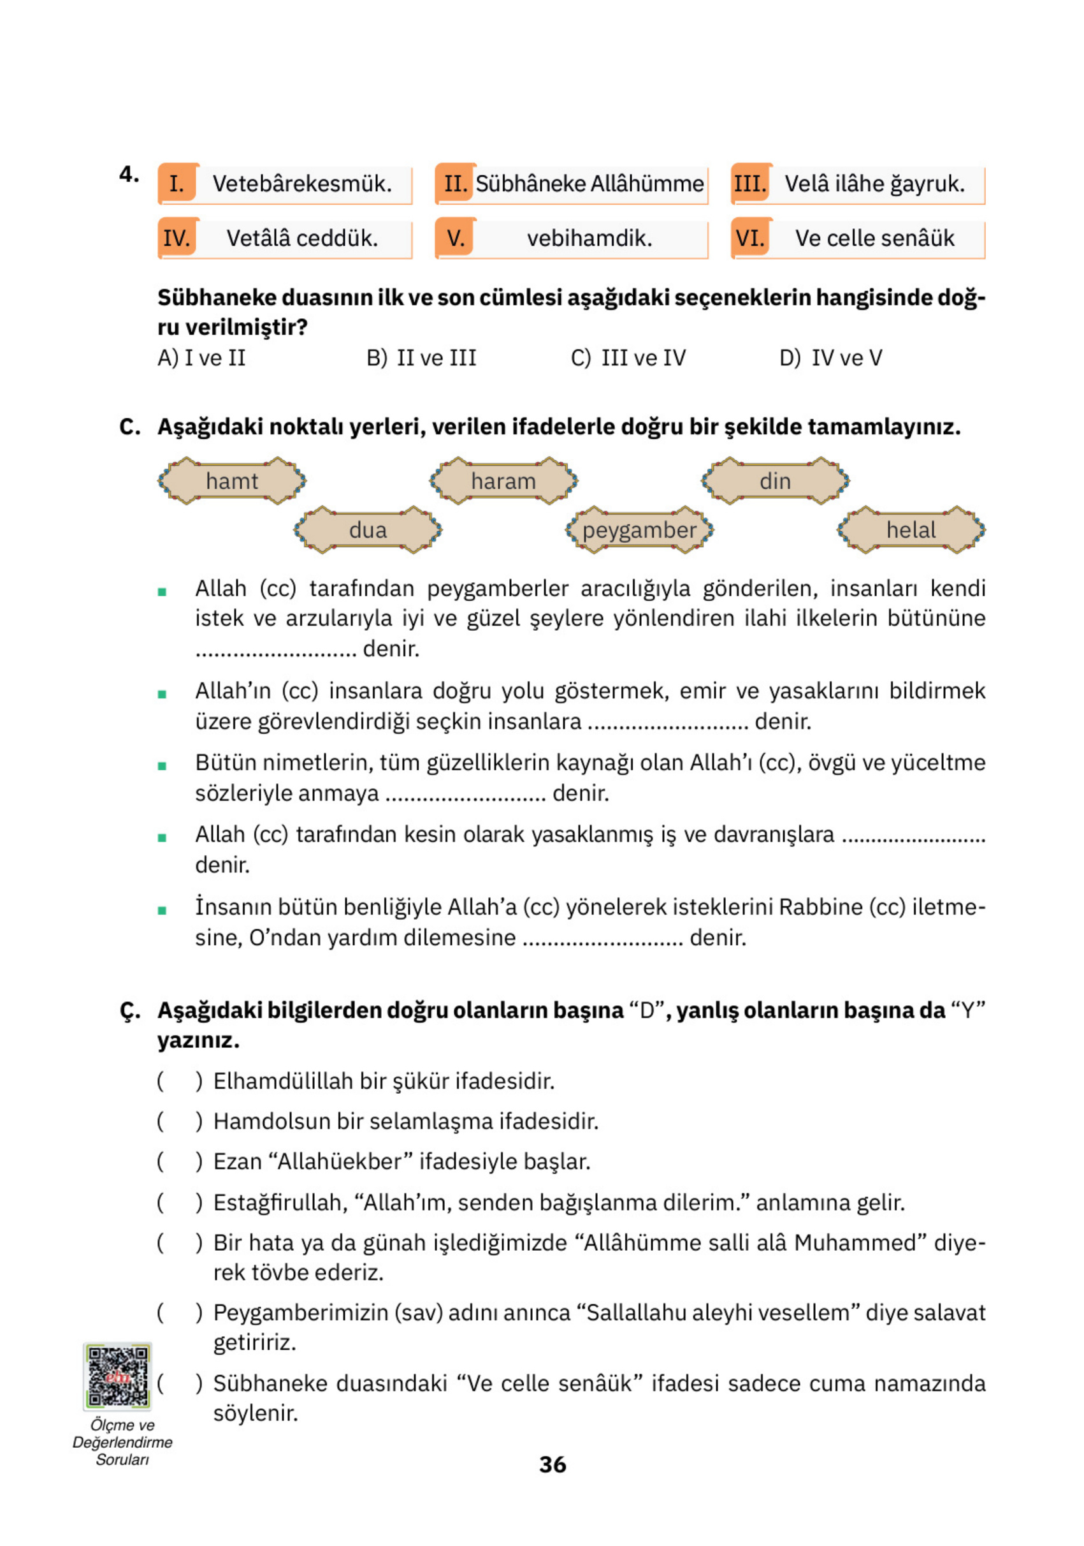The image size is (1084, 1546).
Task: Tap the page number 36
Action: [x=553, y=1464]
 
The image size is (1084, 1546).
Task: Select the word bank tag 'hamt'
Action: [x=231, y=481]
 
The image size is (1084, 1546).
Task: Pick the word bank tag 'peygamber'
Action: [x=639, y=530]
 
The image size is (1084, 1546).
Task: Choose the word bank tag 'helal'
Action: [x=911, y=530]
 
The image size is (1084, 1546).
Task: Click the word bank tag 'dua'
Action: [x=368, y=530]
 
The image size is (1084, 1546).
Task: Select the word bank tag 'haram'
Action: [x=503, y=481]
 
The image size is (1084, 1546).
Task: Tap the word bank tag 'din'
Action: [x=775, y=481]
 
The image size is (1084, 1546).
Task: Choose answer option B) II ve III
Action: [x=422, y=358]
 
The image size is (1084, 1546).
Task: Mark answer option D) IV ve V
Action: [x=830, y=358]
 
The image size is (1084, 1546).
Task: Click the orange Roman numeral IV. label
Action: [x=177, y=238]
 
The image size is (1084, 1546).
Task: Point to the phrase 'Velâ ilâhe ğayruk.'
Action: [x=874, y=183]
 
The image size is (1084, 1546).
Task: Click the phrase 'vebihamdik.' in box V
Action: [x=589, y=238]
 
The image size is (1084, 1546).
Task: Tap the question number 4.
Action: [x=129, y=174]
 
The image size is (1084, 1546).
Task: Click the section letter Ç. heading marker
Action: [x=129, y=1011]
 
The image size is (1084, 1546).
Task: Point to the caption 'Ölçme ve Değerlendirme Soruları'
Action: [x=122, y=1442]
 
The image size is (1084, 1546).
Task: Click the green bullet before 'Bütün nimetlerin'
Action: [x=161, y=765]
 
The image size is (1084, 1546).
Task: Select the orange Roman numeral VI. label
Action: [x=750, y=238]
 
